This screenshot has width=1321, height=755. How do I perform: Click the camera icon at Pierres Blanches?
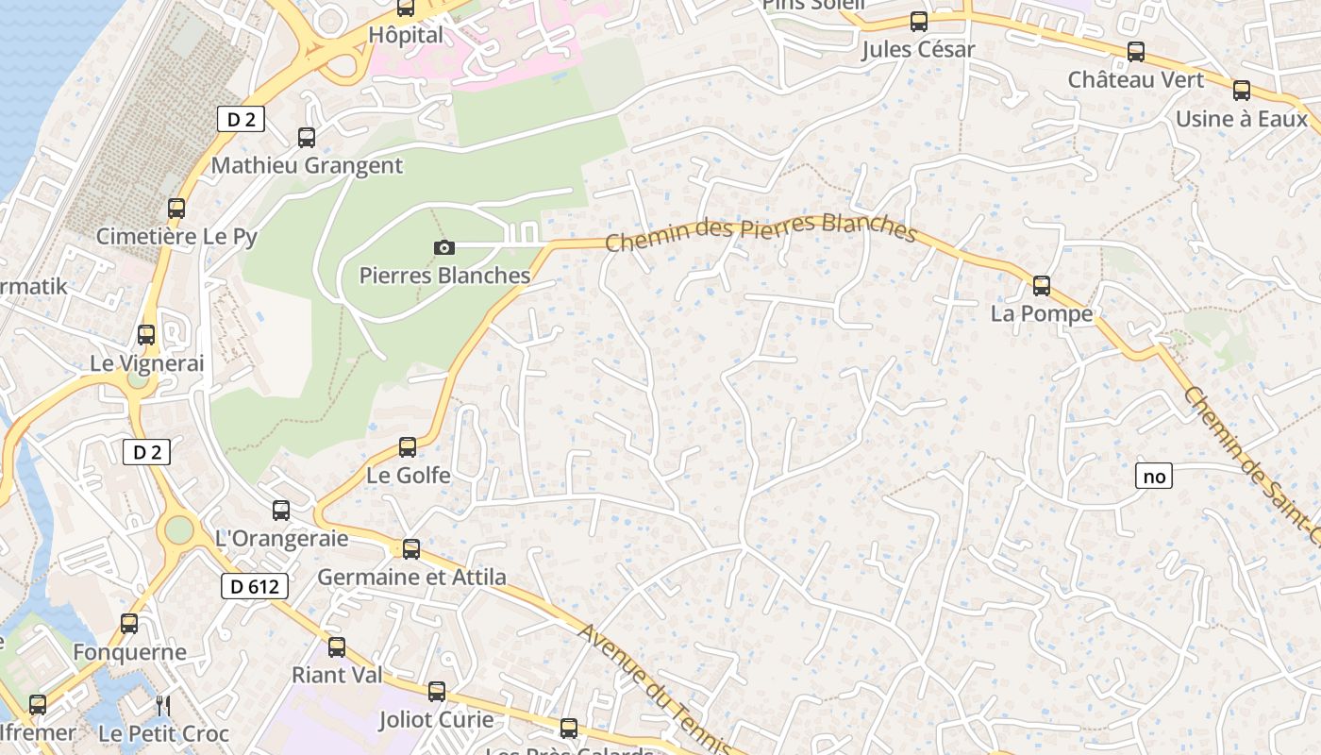(x=443, y=247)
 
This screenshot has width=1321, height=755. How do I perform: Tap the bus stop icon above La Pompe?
(x=1042, y=285)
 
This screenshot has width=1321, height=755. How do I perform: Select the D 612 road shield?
(x=255, y=586)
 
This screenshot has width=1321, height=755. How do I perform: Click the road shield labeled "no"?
(x=1154, y=477)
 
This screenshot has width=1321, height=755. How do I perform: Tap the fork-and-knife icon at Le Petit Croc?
(x=162, y=705)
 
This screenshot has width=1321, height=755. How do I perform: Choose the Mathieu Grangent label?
(x=307, y=166)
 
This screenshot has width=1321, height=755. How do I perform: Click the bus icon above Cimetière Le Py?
(x=176, y=209)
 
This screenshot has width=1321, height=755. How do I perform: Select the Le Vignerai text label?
(x=147, y=363)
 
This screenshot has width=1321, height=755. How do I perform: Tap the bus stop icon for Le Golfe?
(x=408, y=446)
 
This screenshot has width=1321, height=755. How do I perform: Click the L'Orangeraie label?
(x=282, y=539)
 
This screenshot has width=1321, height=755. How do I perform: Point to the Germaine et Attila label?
(x=411, y=577)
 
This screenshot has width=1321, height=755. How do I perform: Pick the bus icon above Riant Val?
(x=337, y=647)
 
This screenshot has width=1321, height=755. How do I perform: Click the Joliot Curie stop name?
(x=436, y=719)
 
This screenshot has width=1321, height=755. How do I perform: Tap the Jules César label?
(x=917, y=50)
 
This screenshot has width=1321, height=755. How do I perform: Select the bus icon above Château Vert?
(x=1136, y=52)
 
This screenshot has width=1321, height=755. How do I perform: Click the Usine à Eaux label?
(x=1241, y=119)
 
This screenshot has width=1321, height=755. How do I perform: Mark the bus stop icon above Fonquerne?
(x=129, y=624)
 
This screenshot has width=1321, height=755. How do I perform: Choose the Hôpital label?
(x=406, y=35)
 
